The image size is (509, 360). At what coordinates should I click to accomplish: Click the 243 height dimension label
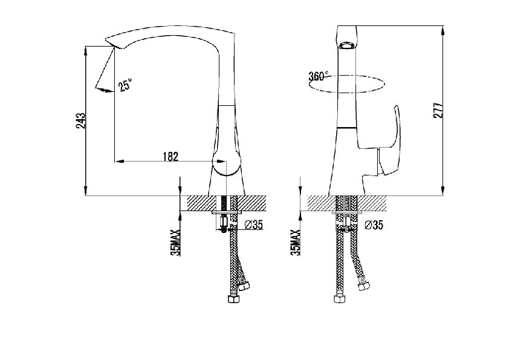[81, 121]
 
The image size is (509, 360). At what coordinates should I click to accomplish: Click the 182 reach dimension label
[170, 157]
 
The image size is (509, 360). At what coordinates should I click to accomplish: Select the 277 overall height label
[438, 111]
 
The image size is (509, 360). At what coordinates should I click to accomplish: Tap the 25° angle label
[125, 85]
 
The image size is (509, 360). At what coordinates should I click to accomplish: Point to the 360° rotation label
[319, 76]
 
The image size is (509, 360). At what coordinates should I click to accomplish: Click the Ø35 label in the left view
[253, 224]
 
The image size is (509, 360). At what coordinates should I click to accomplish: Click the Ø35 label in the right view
[374, 224]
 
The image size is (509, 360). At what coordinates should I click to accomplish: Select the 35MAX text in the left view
[176, 243]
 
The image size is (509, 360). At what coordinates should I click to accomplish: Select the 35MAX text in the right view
[296, 243]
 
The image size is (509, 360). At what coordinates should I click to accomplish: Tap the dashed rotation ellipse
[347, 93]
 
